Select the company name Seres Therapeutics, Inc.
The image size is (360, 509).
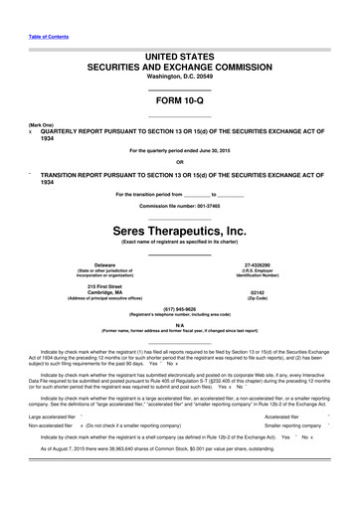point(179,230)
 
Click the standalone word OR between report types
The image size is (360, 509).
point(179,162)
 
